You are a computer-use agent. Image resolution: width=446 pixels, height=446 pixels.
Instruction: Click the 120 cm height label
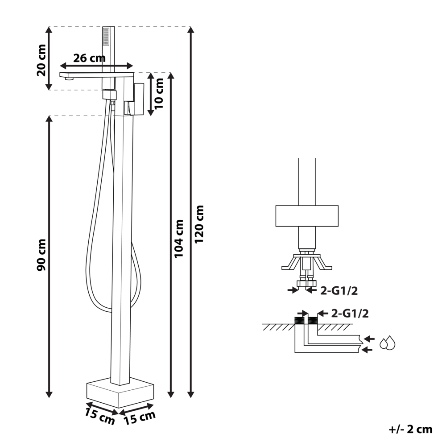click(199, 224)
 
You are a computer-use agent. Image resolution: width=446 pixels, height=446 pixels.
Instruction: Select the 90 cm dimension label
click(41, 255)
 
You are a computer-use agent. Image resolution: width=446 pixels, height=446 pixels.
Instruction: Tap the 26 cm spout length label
click(89, 58)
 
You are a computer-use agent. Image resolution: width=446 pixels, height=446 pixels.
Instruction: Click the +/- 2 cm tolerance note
click(411, 429)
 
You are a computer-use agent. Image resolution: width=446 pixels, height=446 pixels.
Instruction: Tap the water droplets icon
click(387, 343)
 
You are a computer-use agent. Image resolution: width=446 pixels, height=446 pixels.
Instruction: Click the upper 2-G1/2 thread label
click(339, 291)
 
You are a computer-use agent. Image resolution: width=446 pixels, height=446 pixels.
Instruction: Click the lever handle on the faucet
click(138, 99)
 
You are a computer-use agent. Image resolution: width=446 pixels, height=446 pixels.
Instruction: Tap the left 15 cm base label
click(99, 416)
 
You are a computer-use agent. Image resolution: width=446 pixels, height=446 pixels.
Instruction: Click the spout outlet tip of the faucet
click(68, 79)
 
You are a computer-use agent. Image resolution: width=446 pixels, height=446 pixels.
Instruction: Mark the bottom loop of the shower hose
click(103, 308)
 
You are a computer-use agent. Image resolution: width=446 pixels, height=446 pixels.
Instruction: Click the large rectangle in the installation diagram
click(307, 216)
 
